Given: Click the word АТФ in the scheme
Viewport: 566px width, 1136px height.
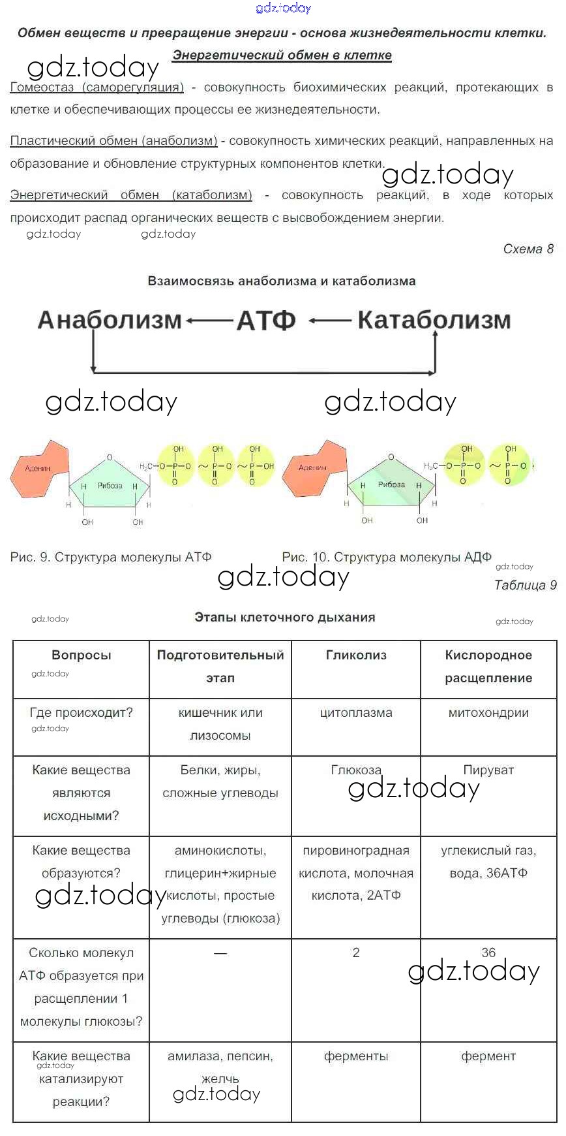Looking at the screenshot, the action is (266, 320).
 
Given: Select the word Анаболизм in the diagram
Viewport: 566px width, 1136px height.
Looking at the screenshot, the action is (110, 320).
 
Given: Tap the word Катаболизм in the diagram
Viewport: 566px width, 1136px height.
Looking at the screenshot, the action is (434, 320).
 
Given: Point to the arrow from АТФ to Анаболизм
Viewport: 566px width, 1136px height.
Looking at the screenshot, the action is (209, 321).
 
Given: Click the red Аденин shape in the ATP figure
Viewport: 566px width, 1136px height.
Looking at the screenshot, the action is (40, 467).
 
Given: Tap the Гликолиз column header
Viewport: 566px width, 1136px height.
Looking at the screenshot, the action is (356, 655).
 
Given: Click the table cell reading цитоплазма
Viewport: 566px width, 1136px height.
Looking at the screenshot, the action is (356, 712).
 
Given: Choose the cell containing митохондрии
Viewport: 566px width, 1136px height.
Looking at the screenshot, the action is (488, 712).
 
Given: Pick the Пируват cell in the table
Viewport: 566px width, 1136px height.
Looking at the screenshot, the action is (488, 770).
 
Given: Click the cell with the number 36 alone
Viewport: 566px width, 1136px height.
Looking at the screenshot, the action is (488, 953).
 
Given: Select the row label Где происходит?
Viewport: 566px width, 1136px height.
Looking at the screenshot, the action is (82, 712).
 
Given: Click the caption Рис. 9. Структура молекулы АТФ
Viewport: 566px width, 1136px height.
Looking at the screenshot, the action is (111, 557).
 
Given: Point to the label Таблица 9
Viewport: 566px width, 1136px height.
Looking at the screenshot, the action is (526, 585).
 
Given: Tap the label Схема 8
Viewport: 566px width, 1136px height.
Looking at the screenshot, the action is (528, 249).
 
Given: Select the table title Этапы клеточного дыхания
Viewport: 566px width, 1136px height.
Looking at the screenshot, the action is (285, 617).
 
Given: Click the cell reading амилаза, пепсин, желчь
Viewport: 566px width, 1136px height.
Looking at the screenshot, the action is (220, 1067).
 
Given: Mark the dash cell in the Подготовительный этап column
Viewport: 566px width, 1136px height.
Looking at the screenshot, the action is (220, 953).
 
